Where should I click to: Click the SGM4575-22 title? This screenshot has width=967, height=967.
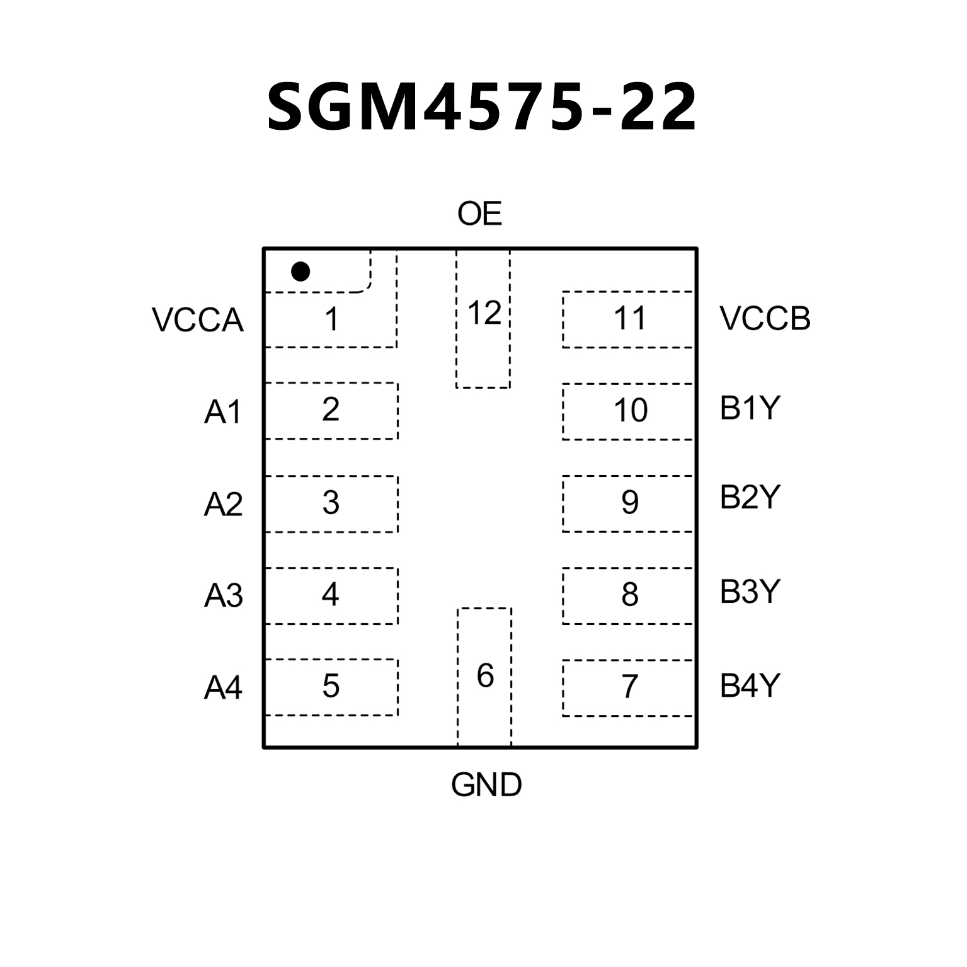(482, 107)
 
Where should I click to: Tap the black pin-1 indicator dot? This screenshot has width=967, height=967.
(300, 272)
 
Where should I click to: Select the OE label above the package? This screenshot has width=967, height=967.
(479, 214)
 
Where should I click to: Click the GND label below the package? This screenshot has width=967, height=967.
(486, 785)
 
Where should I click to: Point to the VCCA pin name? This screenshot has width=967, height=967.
(197, 320)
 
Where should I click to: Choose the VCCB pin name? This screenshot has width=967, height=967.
(765, 319)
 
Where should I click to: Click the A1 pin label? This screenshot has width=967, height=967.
(223, 413)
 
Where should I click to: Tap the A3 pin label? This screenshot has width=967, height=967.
(223, 596)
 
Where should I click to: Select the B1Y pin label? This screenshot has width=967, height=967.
(750, 409)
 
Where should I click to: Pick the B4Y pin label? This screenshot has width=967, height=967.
(750, 686)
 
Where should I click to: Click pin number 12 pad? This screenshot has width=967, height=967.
(483, 318)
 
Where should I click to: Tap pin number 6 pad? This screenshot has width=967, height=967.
(484, 676)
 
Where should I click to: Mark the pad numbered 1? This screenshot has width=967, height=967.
(331, 319)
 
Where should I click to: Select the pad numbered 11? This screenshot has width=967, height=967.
(629, 319)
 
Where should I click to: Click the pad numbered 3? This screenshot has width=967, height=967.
(331, 503)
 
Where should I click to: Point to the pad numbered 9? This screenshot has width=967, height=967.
(629, 503)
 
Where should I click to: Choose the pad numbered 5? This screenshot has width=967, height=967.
(331, 687)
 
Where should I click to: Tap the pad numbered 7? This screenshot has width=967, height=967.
(629, 687)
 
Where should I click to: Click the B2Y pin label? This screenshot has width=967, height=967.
(750, 498)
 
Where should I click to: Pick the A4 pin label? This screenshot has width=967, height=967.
(223, 688)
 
